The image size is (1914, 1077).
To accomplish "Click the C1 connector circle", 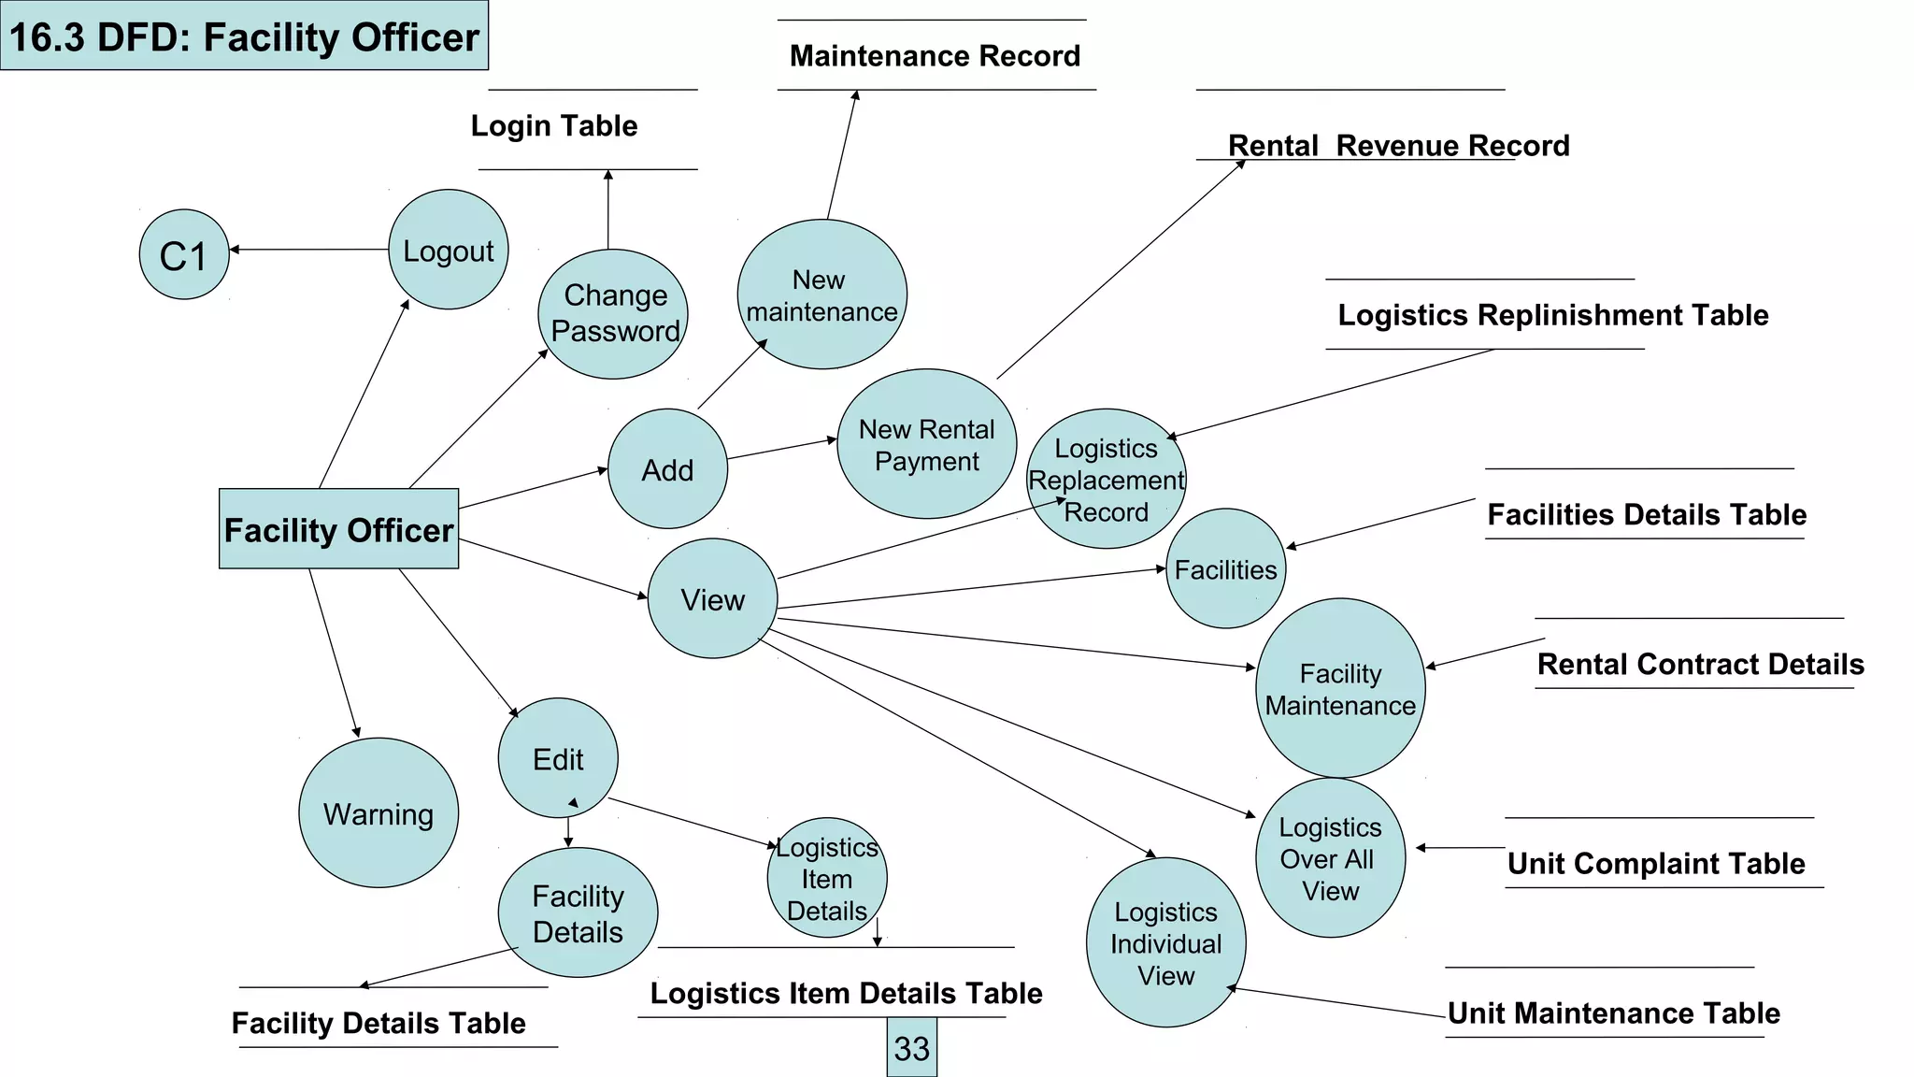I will [x=184, y=254].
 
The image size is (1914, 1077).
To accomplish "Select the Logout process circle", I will [x=449, y=250].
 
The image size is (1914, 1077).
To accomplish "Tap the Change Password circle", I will [x=613, y=314].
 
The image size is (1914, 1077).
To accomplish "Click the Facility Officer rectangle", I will [x=338, y=529].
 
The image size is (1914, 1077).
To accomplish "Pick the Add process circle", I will [x=667, y=469].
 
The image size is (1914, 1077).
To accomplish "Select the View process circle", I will [x=712, y=598].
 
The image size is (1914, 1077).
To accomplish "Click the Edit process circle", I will [x=558, y=758].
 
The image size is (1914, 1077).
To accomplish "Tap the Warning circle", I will [x=379, y=813].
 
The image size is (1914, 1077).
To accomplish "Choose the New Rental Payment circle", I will [x=926, y=444].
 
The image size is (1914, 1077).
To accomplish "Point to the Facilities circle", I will [x=1225, y=569].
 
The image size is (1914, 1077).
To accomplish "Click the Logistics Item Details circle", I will [x=827, y=878].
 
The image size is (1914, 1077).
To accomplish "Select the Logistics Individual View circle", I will [x=1165, y=942].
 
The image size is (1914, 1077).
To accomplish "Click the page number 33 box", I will [x=911, y=1048].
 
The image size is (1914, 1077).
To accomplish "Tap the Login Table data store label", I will [x=554, y=126].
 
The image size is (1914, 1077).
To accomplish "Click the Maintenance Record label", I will [x=935, y=56].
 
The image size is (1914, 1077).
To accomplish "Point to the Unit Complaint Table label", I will [x=1656, y=863].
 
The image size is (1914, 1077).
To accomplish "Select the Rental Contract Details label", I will [x=1700, y=664].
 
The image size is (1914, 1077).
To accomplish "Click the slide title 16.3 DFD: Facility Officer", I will [x=244, y=36].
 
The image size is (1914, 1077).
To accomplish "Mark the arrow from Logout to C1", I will [x=308, y=250].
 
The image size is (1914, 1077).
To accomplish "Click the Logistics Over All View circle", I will [x=1330, y=858].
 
